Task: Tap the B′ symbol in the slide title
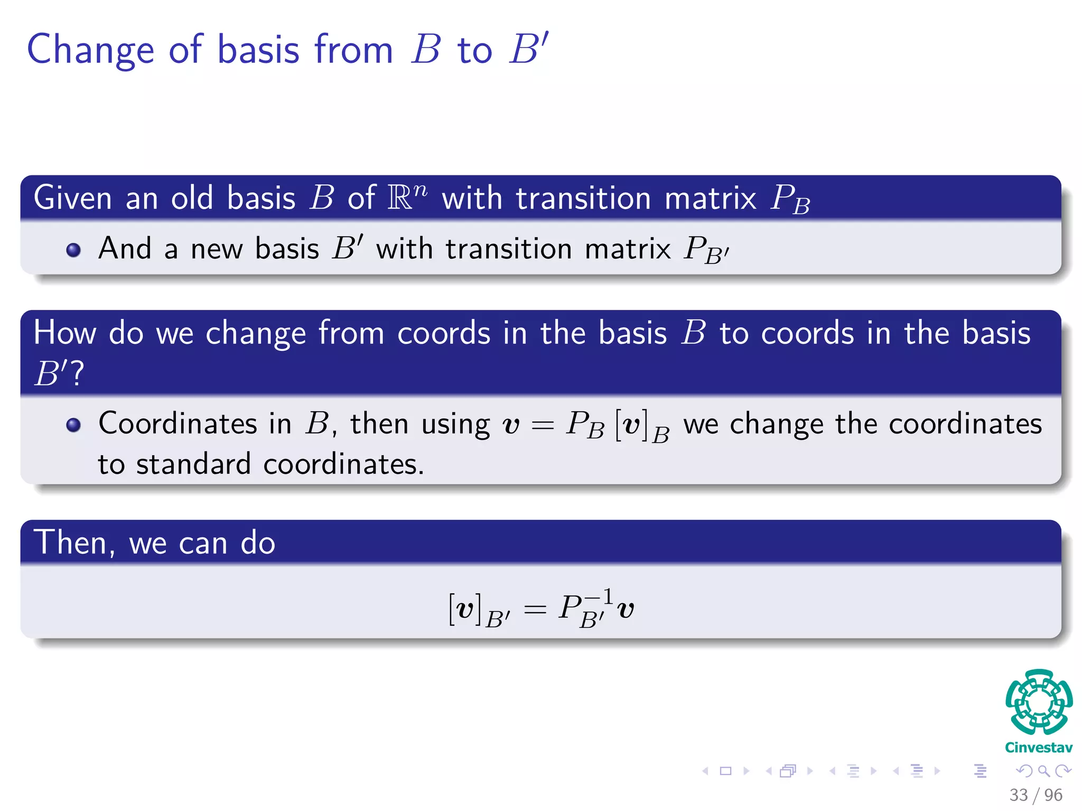point(529,49)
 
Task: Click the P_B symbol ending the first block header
point(790,199)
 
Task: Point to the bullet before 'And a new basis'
point(73,249)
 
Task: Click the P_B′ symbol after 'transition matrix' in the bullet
point(706,249)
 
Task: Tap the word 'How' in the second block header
point(64,333)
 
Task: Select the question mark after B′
point(77,374)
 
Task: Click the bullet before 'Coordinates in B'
point(73,425)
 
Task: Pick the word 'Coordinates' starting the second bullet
point(178,423)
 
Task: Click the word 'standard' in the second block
point(193,464)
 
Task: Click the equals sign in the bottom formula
point(535,610)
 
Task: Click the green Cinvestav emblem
point(1039,702)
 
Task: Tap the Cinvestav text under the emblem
point(1038,748)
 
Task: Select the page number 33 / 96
point(1036,795)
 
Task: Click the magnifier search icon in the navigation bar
point(1043,771)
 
